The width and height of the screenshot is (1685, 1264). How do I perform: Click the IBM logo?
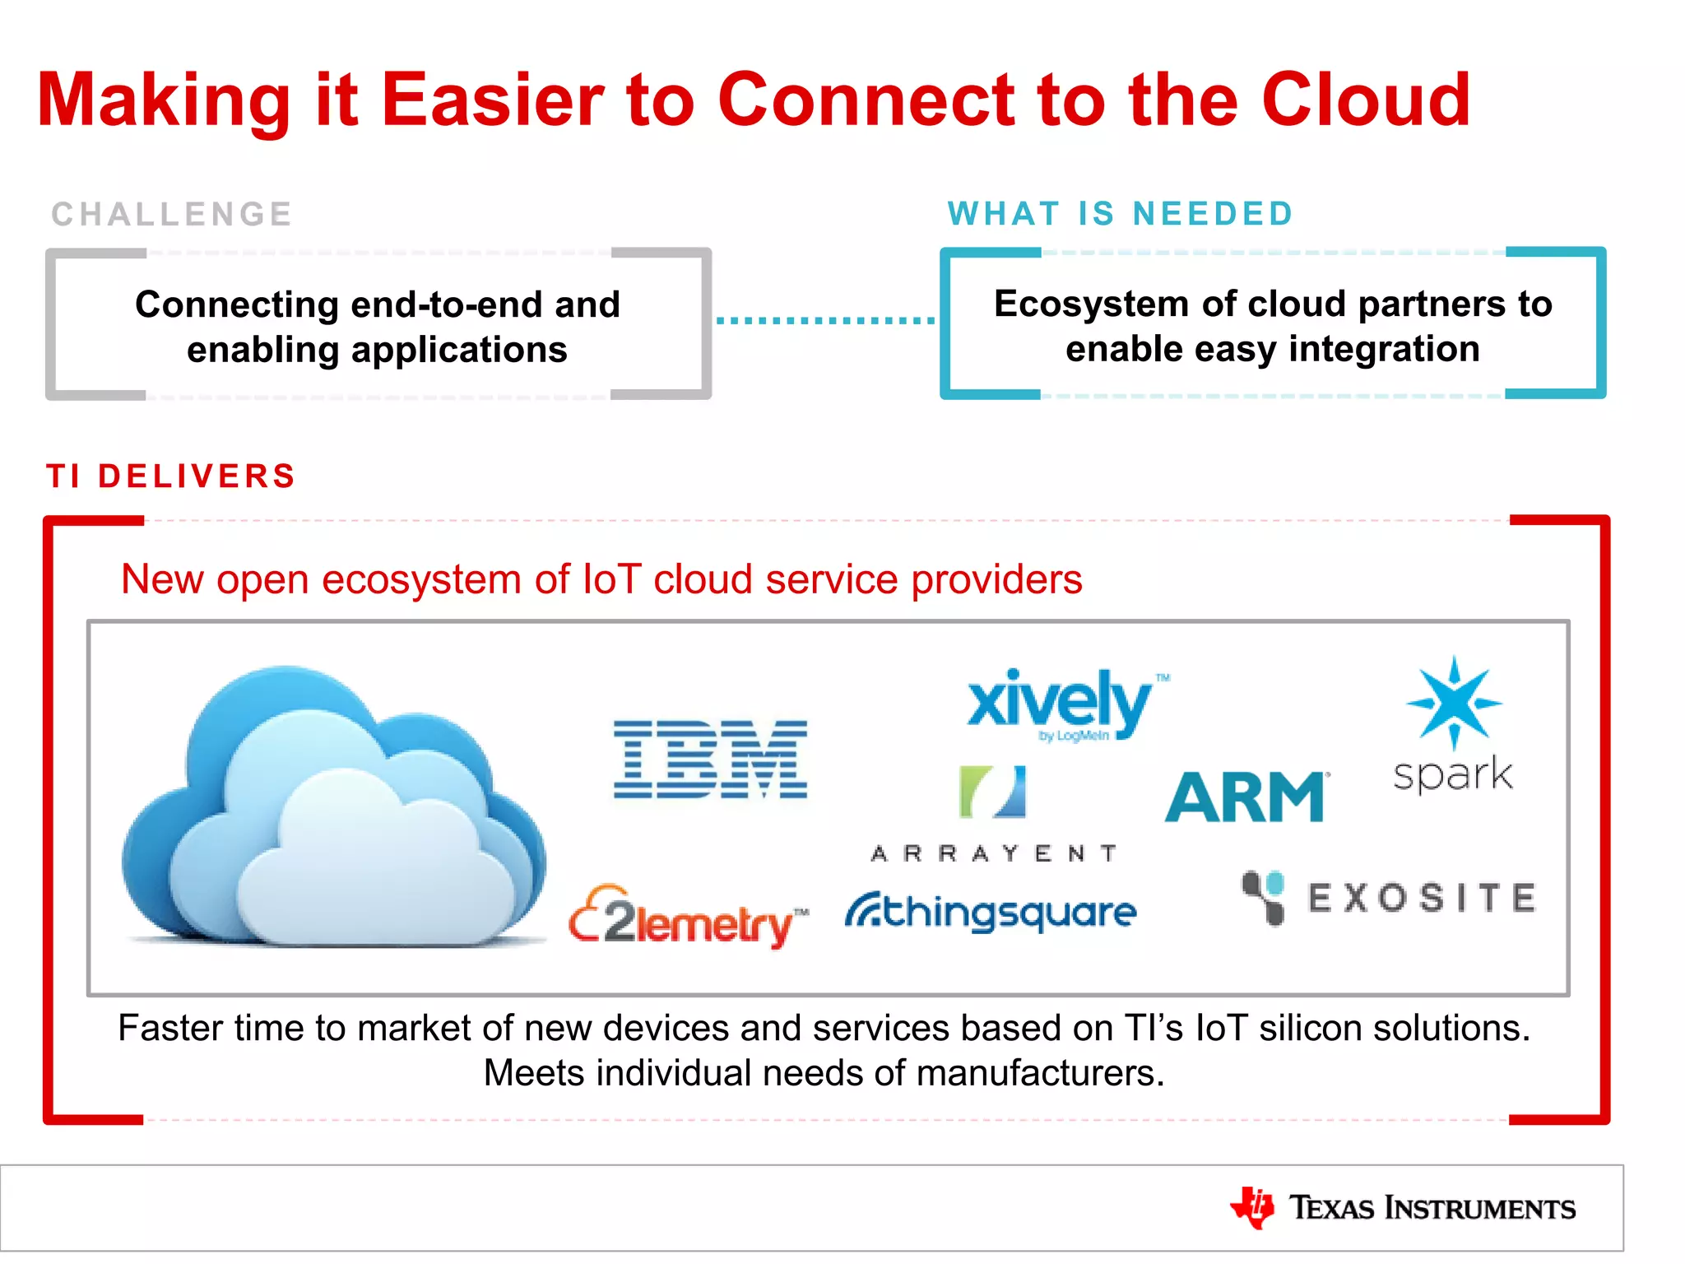(711, 759)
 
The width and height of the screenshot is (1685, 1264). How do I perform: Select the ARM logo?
(1246, 797)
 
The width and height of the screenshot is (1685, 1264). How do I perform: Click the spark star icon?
(1454, 702)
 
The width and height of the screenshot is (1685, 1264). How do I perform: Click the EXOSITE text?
(1422, 898)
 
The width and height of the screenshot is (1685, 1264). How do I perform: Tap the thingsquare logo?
(991, 913)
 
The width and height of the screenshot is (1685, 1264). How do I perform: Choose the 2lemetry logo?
(688, 918)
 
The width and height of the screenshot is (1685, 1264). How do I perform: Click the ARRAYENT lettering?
(994, 853)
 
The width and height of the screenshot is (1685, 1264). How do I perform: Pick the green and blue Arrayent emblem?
(993, 792)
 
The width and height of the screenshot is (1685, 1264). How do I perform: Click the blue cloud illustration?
(333, 811)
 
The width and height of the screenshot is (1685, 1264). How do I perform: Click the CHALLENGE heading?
(172, 215)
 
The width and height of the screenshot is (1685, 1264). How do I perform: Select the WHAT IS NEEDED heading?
(1121, 214)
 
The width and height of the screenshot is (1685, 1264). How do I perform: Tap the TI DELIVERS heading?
(171, 476)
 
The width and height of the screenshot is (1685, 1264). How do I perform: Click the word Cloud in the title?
(1366, 100)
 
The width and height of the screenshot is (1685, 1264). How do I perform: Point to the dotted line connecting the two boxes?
(825, 320)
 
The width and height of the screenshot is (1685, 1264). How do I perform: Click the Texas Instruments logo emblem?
(1252, 1207)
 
